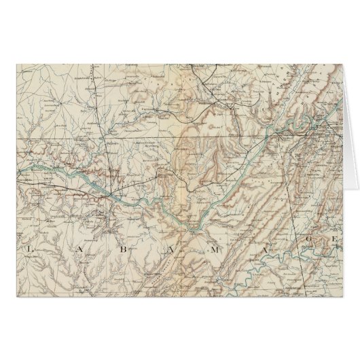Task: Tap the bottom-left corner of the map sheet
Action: click(x=15, y=298)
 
